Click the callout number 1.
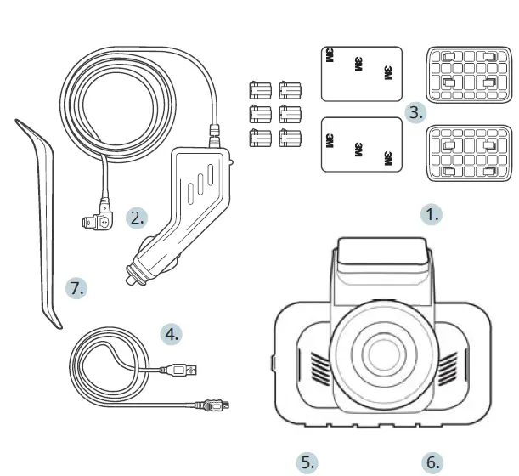coord(432,214)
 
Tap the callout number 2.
coord(137,218)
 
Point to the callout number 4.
coord(172,333)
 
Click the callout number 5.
coord(307,462)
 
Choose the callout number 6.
coord(433,462)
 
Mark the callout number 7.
coord(77,288)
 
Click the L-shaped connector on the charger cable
coord(100,218)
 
